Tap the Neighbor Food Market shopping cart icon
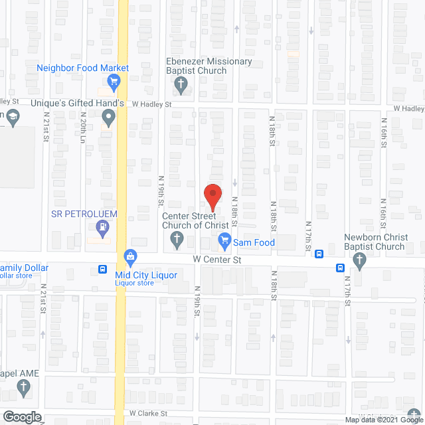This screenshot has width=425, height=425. (114, 83)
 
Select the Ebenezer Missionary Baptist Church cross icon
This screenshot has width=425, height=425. (179, 84)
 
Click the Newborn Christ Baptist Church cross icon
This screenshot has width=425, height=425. (360, 263)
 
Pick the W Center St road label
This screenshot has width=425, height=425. (216, 260)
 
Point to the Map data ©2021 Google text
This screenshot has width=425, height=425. (383, 420)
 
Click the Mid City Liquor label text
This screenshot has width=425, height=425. (146, 275)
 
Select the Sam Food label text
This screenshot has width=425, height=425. (254, 242)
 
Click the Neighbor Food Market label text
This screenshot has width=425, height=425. (82, 68)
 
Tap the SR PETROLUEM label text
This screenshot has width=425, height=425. (84, 214)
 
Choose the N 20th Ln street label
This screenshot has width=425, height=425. (82, 131)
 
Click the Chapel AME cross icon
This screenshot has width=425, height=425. (25, 390)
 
